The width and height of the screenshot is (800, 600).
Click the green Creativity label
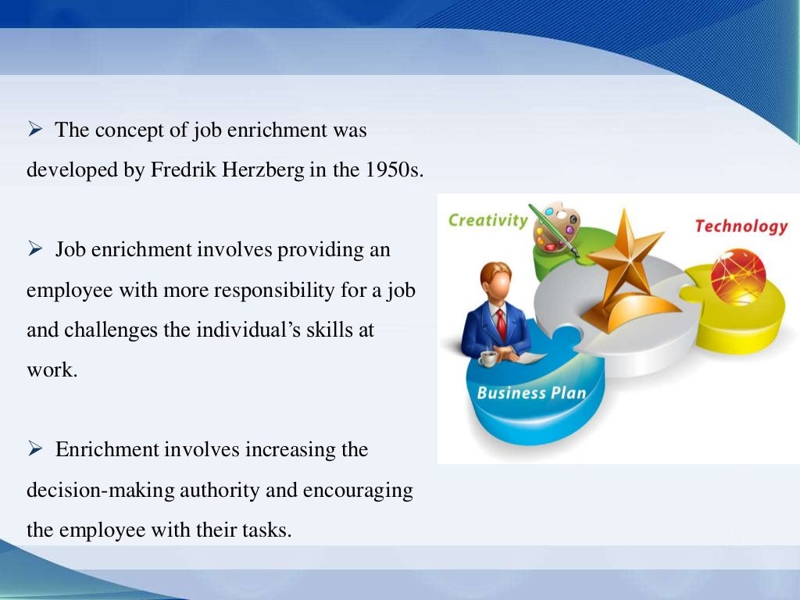[487, 220]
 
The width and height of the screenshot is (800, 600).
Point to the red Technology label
[741, 227]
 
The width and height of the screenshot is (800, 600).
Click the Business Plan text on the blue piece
[531, 392]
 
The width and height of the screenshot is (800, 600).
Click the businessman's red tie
[501, 324]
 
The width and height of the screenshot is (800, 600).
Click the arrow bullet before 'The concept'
[34, 130]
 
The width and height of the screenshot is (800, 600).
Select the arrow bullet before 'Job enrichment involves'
[34, 250]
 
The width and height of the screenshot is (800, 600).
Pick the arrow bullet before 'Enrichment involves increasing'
[34, 450]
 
